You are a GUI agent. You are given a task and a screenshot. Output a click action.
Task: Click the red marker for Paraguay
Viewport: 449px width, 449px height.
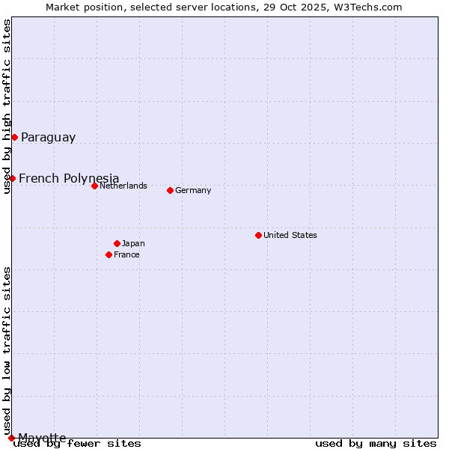(14, 137)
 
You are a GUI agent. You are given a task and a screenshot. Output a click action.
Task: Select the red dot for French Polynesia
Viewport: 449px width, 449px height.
(12, 178)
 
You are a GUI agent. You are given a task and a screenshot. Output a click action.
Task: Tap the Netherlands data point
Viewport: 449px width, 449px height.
(94, 186)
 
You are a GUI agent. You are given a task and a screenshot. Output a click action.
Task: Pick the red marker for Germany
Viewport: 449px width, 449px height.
(170, 190)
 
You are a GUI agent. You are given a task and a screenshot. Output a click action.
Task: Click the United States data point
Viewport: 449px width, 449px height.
(258, 235)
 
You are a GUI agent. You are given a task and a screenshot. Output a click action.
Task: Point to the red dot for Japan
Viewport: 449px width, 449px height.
(117, 243)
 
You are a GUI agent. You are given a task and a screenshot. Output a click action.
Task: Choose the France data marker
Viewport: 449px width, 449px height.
(109, 254)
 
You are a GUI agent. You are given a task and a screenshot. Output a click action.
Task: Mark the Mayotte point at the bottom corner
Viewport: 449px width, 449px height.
(11, 438)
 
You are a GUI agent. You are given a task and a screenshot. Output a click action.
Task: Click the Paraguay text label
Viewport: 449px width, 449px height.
(48, 138)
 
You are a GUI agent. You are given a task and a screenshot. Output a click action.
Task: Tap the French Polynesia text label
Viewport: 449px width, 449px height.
(69, 178)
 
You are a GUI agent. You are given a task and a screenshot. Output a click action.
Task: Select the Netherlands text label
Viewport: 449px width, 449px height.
(123, 186)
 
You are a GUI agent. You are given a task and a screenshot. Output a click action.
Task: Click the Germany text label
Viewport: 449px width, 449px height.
(193, 190)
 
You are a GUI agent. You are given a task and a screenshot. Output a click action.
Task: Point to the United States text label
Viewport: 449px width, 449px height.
(290, 235)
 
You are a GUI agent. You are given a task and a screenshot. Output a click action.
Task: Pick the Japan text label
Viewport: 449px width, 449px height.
(133, 243)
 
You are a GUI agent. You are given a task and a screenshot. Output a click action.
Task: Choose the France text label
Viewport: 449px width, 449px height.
(126, 254)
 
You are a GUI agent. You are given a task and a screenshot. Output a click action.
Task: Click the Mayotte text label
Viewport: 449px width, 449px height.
(42, 438)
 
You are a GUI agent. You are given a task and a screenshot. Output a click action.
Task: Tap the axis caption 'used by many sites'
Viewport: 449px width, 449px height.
(376, 444)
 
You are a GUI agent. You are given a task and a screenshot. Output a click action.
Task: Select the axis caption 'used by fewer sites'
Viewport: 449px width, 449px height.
(78, 444)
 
